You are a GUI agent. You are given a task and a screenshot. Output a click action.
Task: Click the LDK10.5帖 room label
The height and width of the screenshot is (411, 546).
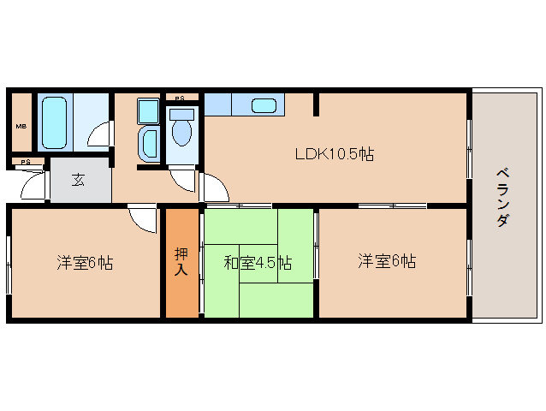334,155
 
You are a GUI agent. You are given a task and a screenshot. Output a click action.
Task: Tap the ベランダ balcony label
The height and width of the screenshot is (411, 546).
502,198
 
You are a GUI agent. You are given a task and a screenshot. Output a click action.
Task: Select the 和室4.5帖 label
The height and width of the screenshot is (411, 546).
258,262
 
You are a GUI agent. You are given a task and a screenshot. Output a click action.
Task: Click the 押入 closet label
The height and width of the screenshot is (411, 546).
181,260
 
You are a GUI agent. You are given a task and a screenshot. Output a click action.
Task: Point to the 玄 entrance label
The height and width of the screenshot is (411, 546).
78,180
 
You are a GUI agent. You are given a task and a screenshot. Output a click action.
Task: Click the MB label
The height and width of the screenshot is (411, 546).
21,127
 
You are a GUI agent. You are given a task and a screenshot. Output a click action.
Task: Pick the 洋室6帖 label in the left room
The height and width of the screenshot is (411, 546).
85,263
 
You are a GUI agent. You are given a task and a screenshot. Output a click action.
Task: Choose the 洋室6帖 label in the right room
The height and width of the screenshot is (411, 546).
387,261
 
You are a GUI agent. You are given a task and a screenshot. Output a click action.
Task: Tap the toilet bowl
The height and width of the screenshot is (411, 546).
181,131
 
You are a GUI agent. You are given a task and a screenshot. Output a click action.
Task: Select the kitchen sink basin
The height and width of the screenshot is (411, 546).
264,106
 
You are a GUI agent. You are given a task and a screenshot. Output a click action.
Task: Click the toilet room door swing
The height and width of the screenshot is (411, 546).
182,179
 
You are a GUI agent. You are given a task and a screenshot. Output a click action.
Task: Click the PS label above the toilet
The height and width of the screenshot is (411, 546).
180,98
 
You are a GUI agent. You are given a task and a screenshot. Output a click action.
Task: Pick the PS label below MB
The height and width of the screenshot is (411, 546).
26,161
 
